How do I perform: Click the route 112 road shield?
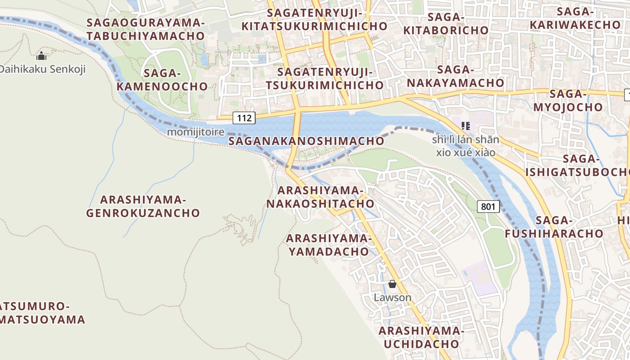click(244, 118)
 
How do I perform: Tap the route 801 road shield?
click(488, 207)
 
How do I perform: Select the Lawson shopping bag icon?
click(392, 284)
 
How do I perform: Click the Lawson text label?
click(392, 297)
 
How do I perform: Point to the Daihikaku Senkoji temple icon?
click(41, 56)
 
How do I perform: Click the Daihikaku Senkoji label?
click(42, 69)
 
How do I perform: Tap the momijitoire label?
click(195, 132)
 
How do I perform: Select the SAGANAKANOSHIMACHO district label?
click(306, 141)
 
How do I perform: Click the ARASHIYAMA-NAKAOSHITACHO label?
click(320, 197)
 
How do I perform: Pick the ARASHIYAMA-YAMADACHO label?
click(328, 245)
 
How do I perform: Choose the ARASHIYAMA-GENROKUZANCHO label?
click(143, 206)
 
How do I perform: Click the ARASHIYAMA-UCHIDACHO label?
click(421, 337)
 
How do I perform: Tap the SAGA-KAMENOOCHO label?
click(163, 80)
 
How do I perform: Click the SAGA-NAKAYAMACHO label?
click(455, 76)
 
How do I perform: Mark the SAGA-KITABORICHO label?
click(446, 23)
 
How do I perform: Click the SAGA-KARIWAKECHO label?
click(576, 18)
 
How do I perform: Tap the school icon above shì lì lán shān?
click(465, 126)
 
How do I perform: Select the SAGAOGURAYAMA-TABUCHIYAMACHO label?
click(146, 29)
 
